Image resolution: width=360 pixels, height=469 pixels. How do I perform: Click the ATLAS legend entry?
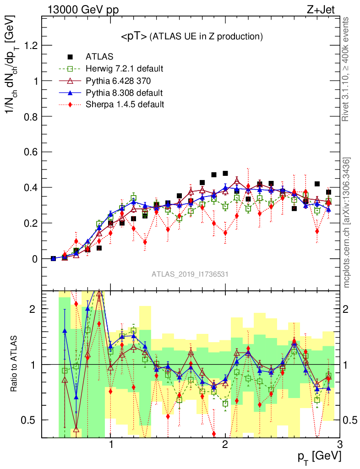click(99, 57)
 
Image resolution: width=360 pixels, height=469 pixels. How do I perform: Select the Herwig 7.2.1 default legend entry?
click(124, 69)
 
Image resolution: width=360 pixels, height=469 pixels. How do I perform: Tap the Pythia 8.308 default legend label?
click(124, 93)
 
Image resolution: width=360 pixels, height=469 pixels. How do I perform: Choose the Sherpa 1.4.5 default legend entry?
click(125, 104)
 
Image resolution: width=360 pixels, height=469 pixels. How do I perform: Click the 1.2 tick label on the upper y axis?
click(30, 45)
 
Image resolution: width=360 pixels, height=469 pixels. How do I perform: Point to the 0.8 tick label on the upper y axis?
click(30, 116)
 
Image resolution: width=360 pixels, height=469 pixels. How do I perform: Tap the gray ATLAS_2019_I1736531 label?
click(190, 274)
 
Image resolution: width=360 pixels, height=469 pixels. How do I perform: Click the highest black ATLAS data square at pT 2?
click(225, 173)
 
